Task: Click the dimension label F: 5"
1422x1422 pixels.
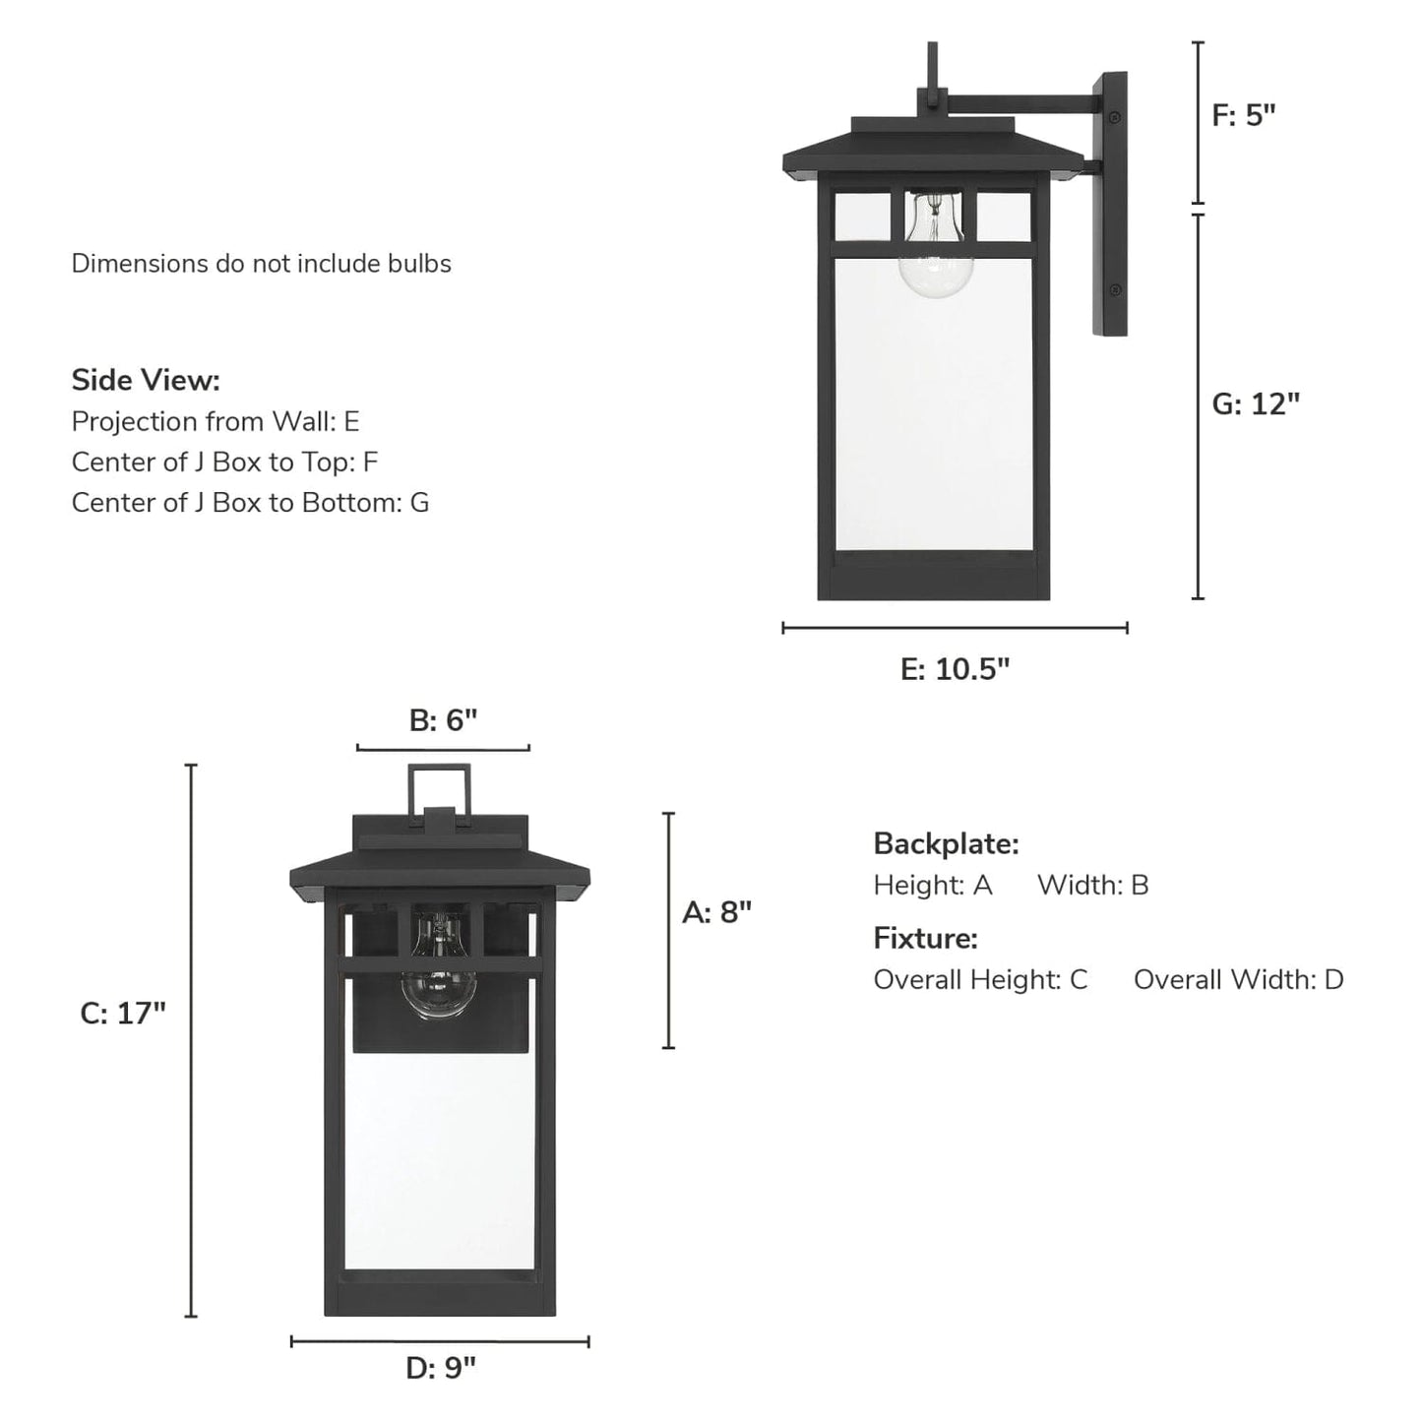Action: pos(1243,115)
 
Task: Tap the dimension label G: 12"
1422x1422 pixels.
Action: pos(1255,403)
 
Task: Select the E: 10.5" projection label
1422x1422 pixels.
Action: pos(955,669)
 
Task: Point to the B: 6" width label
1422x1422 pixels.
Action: pos(443,720)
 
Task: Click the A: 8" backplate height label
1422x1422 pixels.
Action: pos(716,912)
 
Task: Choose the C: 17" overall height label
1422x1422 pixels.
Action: pos(123,1013)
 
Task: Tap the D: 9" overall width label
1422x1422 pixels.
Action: pos(440,1367)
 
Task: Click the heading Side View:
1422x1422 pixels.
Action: pos(146,380)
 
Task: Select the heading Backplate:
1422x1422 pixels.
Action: pos(946,843)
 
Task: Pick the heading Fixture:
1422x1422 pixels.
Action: pos(925,938)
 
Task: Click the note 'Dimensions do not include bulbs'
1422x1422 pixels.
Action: pos(261,264)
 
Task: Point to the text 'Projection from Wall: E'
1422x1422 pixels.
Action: pos(216,421)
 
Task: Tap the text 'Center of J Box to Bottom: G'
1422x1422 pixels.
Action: pos(250,502)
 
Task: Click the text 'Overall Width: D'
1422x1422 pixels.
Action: pos(1238,979)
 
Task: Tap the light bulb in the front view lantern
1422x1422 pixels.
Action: pos(439,969)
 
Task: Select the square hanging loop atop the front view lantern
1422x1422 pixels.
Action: pos(439,787)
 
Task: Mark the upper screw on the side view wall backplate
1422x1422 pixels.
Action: pos(1114,118)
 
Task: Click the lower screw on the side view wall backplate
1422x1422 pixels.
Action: pos(1114,289)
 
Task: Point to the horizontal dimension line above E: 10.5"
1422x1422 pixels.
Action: pos(955,627)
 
